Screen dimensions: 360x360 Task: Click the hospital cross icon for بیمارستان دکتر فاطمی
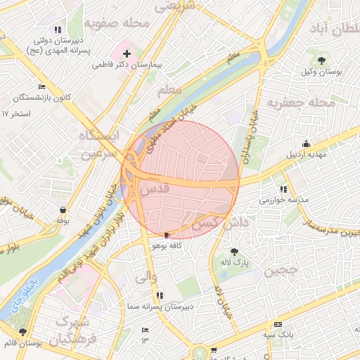[127, 53]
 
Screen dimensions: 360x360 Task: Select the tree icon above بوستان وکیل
[322, 60]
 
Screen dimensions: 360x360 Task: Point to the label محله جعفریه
[304, 103]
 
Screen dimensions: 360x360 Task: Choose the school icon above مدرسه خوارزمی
[283, 188]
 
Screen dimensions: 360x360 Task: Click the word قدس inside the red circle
[155, 190]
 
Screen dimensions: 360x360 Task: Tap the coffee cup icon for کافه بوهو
[167, 235]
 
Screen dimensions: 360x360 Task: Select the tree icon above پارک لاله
[234, 251]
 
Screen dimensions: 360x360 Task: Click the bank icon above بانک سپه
[278, 324]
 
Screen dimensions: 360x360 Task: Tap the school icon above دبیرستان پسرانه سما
[160, 295]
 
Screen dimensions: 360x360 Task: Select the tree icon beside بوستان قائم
[23, 331]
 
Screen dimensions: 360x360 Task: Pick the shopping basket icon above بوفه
[63, 210]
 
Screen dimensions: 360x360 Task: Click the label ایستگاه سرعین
[99, 143]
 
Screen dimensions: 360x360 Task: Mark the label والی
[141, 277]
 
